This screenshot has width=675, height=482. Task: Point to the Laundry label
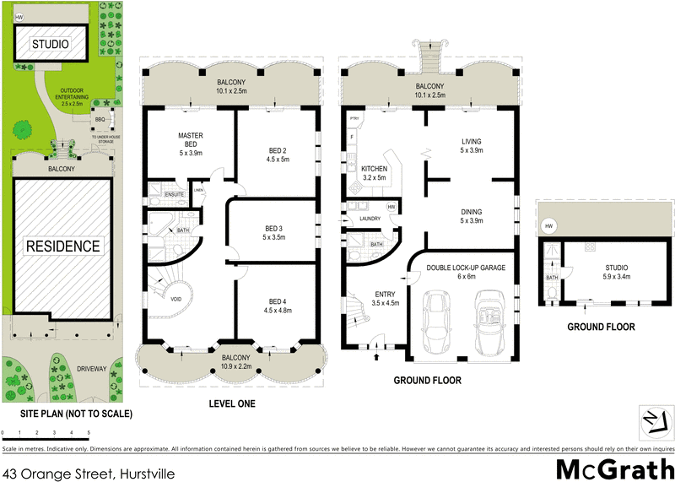click(x=370, y=219)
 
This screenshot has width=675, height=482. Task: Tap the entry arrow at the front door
click(x=376, y=356)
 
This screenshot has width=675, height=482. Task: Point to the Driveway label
click(x=92, y=369)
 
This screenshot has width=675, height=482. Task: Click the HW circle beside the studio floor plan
click(x=549, y=226)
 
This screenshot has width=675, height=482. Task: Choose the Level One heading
click(x=231, y=404)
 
